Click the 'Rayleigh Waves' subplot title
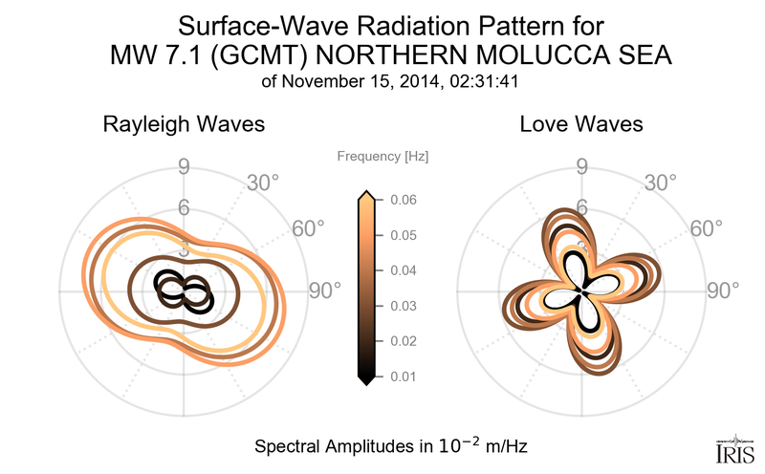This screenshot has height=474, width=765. (184, 125)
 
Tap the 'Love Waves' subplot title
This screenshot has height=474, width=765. (581, 125)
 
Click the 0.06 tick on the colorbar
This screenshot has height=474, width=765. (402, 200)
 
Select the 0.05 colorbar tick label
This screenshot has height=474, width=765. (402, 235)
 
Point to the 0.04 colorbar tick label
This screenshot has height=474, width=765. (402, 270)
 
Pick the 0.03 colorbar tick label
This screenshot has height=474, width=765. (402, 306)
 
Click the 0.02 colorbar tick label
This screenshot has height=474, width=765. (402, 341)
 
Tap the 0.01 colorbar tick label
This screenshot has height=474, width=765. (402, 377)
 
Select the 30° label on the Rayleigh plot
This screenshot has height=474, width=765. (264, 182)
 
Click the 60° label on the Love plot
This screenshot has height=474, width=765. (707, 228)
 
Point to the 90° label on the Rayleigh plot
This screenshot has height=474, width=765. (325, 291)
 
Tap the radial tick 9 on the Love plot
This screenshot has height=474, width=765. (581, 169)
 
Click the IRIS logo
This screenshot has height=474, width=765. (734, 447)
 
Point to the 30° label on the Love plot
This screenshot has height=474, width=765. (662, 182)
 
